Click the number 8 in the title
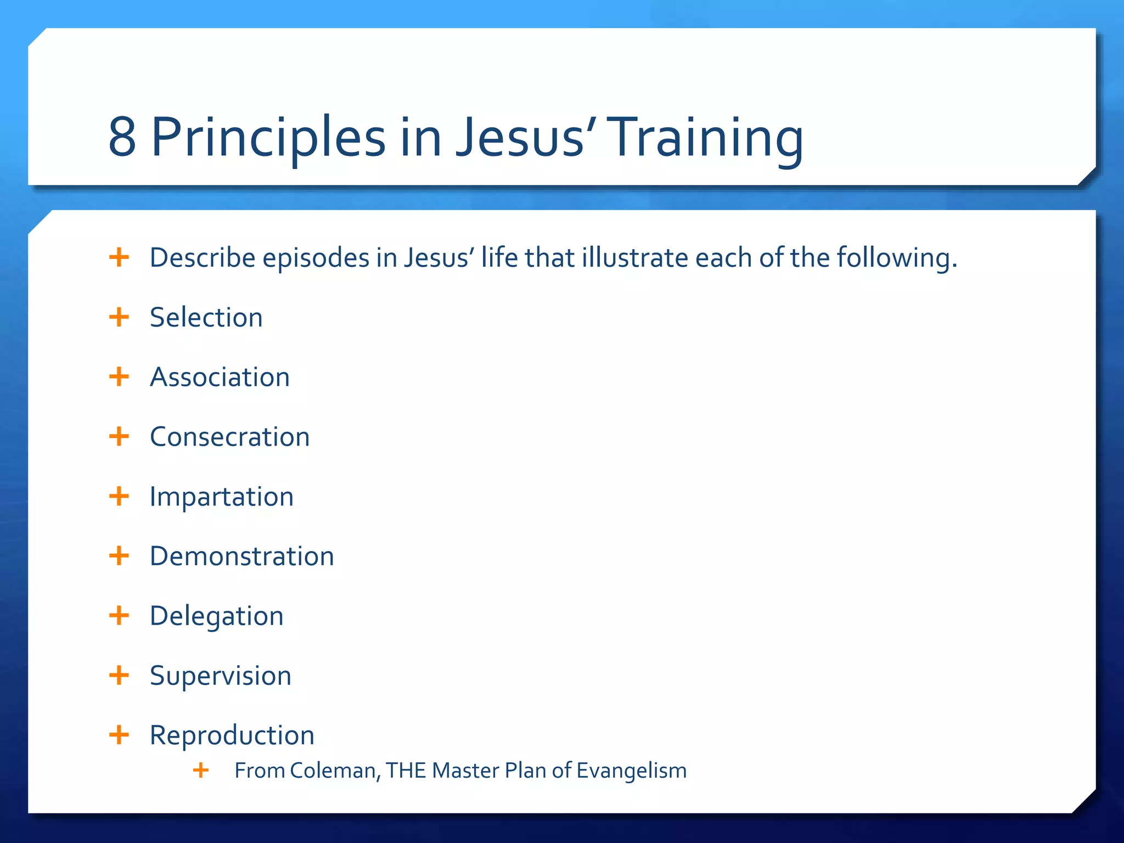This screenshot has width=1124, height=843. click(x=122, y=137)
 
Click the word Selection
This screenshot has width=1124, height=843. click(x=206, y=318)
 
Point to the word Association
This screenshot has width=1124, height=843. click(x=220, y=378)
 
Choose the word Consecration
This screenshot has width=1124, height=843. click(x=229, y=437)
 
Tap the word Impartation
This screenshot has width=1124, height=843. click(x=221, y=497)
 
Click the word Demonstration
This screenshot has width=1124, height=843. click(x=241, y=557)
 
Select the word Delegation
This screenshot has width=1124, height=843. click(x=216, y=616)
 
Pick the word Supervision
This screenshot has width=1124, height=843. click(x=220, y=676)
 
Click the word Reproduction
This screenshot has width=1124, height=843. click(x=232, y=736)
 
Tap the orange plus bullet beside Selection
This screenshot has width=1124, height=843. click(x=119, y=317)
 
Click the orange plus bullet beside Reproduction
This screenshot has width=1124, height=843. click(x=119, y=735)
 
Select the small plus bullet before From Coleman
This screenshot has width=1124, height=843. click(x=201, y=770)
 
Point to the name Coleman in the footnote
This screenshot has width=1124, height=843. click(x=333, y=771)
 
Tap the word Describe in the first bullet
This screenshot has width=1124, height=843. click(x=202, y=258)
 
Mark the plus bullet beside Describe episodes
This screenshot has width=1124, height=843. click(x=119, y=257)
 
